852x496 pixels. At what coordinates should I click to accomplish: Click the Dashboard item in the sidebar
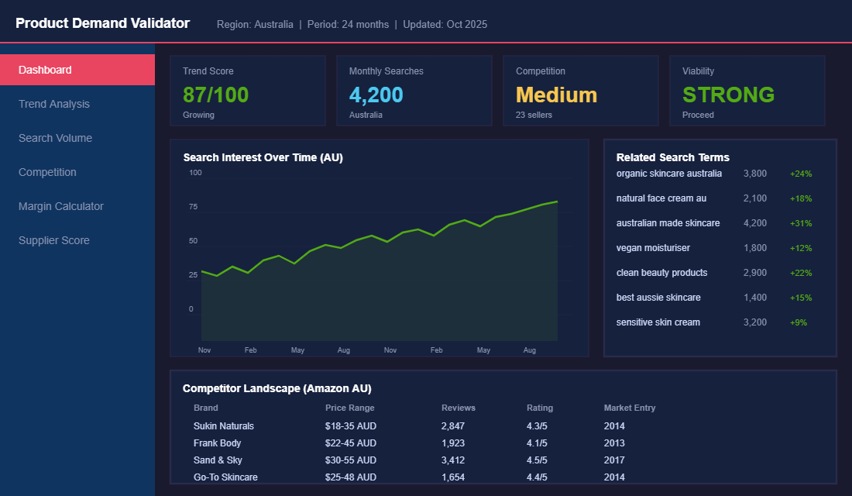(x=45, y=70)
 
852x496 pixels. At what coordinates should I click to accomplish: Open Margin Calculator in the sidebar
(x=60, y=206)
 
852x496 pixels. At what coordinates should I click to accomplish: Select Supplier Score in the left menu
(x=54, y=240)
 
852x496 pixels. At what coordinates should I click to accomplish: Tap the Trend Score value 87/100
(x=215, y=95)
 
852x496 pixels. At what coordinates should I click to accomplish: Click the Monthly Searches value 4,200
(x=376, y=95)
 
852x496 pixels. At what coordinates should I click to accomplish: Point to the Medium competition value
(x=556, y=95)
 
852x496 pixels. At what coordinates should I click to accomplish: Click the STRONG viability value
(x=728, y=95)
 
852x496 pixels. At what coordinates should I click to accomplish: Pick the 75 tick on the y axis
(x=194, y=207)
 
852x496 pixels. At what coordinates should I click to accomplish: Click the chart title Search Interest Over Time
(x=263, y=157)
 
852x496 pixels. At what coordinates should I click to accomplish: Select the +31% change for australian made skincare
(x=801, y=223)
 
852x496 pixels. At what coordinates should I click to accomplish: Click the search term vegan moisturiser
(x=653, y=248)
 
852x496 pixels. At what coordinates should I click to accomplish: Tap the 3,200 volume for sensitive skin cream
(x=754, y=322)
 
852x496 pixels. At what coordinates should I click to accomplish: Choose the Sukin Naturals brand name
(x=224, y=426)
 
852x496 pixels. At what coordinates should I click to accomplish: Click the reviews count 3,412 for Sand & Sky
(x=455, y=460)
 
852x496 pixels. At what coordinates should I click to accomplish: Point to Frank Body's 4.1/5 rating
(x=537, y=443)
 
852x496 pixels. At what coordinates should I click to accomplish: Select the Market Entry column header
(x=629, y=408)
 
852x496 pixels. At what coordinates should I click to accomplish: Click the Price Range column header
(x=349, y=408)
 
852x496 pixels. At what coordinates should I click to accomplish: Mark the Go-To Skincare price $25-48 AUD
(x=350, y=477)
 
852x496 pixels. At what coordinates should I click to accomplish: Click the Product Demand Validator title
(x=102, y=23)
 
